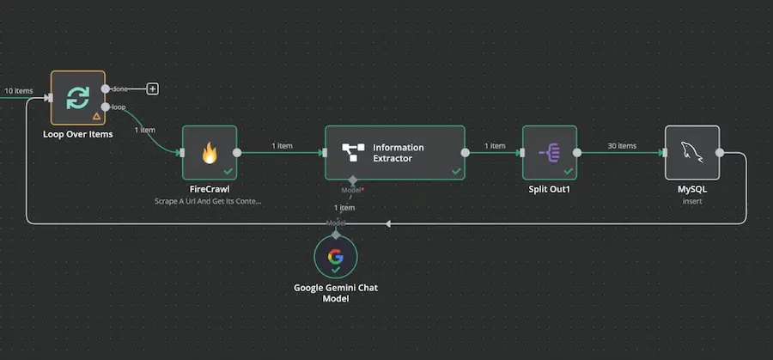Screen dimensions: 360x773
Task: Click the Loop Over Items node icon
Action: tap(77, 97)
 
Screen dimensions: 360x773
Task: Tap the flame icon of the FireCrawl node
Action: tap(209, 153)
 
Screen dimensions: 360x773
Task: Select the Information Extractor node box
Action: tap(395, 153)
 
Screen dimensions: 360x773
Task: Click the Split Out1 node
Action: tap(549, 153)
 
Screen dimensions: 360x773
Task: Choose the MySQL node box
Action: tap(691, 153)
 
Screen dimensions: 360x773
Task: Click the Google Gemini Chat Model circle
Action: tap(336, 258)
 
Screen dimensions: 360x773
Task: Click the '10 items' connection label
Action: tap(19, 90)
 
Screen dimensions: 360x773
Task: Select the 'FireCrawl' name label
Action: tap(209, 189)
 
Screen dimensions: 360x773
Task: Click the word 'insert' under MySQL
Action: tap(691, 201)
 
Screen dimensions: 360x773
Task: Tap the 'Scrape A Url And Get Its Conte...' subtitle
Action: tap(209, 201)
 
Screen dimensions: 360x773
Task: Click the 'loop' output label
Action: tap(119, 107)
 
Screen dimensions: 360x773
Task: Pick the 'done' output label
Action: tap(120, 88)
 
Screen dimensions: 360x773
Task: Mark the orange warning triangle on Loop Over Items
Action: tap(96, 116)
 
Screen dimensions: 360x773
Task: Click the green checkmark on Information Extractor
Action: tap(456, 172)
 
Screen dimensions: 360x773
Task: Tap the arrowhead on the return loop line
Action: tap(387, 223)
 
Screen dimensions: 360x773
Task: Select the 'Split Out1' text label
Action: tap(549, 189)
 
